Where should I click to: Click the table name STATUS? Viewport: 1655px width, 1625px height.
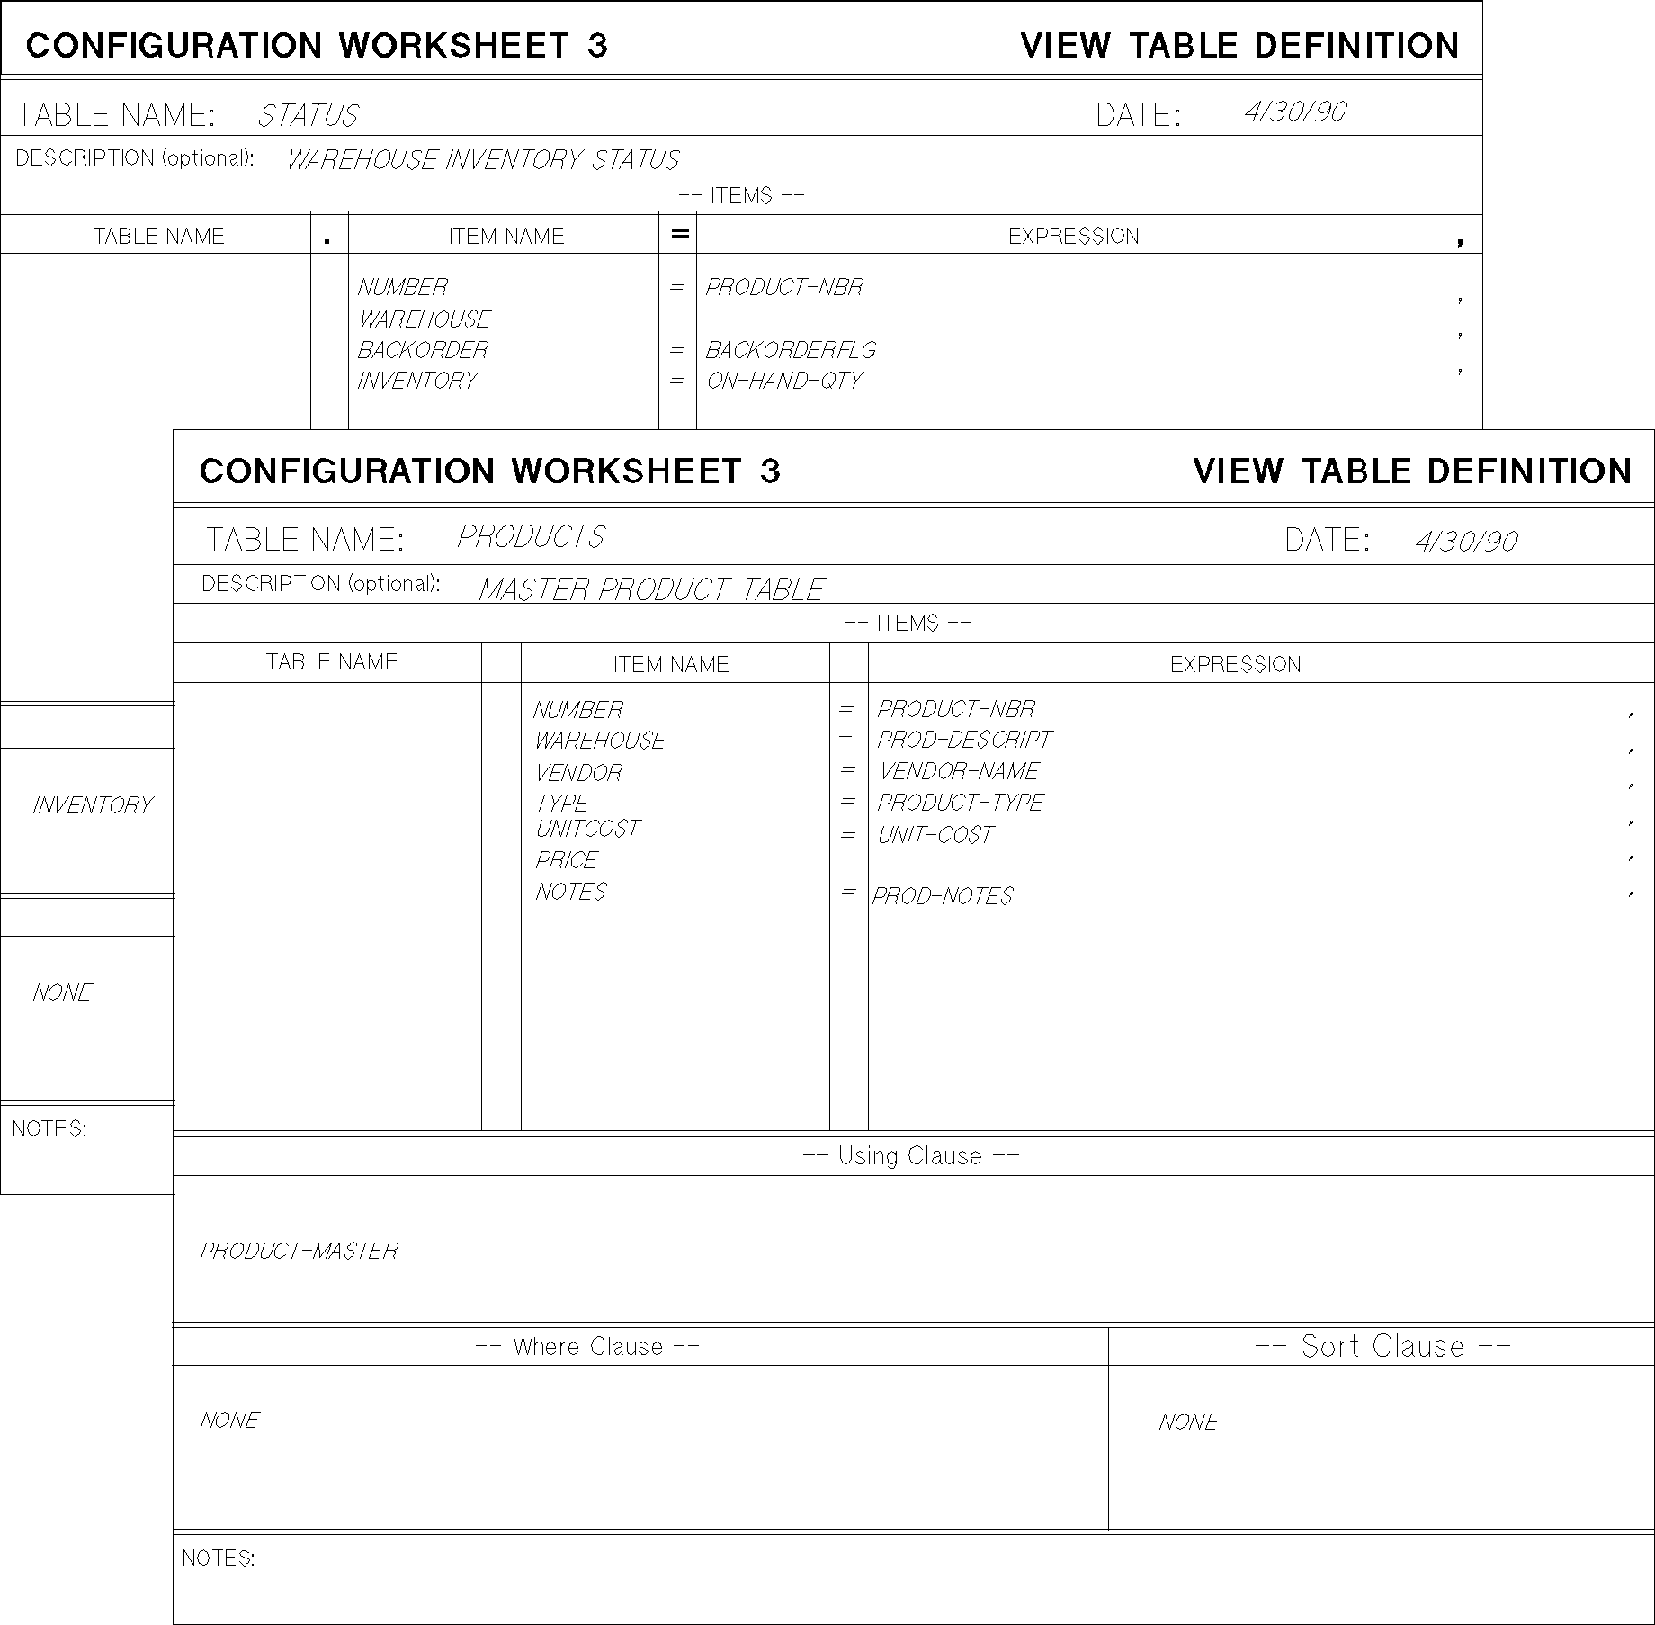pyautogui.click(x=308, y=116)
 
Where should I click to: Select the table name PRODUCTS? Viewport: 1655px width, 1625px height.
pyautogui.click(x=531, y=537)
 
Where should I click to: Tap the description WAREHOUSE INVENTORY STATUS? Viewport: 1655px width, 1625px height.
pyautogui.click(x=483, y=160)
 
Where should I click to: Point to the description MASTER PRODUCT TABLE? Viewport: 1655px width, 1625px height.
pyautogui.click(x=650, y=589)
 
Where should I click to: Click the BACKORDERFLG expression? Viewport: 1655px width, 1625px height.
pyautogui.click(x=790, y=350)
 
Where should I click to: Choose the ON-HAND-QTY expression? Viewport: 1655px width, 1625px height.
pyautogui.click(x=783, y=381)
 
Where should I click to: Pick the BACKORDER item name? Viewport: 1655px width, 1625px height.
pyautogui.click(x=423, y=350)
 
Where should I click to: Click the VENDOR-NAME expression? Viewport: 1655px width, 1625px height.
pyautogui.click(x=958, y=771)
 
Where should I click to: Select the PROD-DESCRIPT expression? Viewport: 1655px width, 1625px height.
pyautogui.click(x=963, y=740)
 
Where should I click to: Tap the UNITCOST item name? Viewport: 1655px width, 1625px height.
pyautogui.click(x=587, y=829)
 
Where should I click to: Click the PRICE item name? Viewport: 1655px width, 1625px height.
pyautogui.click(x=566, y=860)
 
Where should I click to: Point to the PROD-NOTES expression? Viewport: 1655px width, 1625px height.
pyautogui.click(x=942, y=896)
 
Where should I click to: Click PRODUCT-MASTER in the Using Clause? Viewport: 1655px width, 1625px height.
pyautogui.click(x=299, y=1252)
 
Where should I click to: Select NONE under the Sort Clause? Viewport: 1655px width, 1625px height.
pyautogui.click(x=1188, y=1423)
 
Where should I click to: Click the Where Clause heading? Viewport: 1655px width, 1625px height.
pyautogui.click(x=587, y=1347)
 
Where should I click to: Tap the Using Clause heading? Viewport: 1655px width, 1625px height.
pyautogui.click(x=910, y=1156)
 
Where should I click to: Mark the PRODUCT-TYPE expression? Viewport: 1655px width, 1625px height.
pyautogui.click(x=960, y=802)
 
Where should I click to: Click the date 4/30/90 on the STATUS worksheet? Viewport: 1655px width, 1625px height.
pyautogui.click(x=1294, y=112)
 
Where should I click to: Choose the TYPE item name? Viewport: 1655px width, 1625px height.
pyautogui.click(x=561, y=803)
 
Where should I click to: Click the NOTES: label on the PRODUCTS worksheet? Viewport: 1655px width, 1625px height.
pyautogui.click(x=219, y=1558)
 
